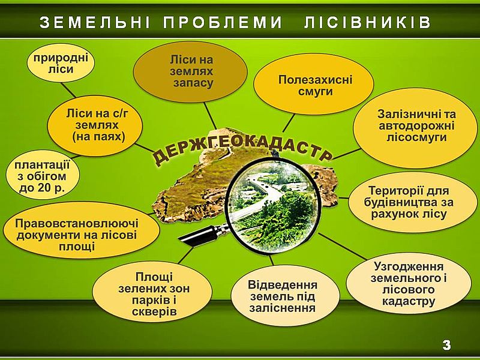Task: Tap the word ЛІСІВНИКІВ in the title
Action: point(368,22)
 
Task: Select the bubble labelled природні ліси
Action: point(61,63)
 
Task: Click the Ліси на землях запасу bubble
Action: point(190,71)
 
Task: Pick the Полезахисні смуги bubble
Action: point(314,85)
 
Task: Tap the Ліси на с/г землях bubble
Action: point(95,125)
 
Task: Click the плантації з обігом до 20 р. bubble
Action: point(43,175)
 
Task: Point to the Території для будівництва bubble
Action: point(409,202)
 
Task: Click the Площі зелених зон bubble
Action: point(152,293)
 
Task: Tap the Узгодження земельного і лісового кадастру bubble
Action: point(409,283)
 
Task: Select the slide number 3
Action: point(446,346)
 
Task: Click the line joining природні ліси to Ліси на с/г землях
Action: point(68,89)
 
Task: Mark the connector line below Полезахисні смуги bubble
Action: point(289,123)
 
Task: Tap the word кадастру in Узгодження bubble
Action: point(409,302)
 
